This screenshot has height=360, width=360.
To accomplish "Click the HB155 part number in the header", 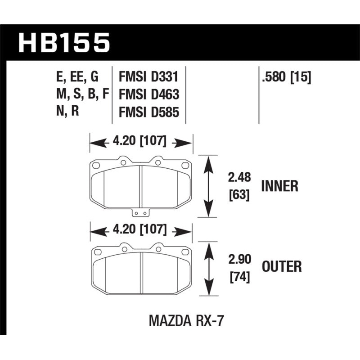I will pyautogui.click(x=63, y=43).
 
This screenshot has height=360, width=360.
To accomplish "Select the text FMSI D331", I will pyautogui.click(x=148, y=76).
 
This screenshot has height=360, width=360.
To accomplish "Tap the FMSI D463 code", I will pyautogui.click(x=148, y=94).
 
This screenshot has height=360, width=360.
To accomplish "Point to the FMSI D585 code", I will pyautogui.click(x=148, y=112).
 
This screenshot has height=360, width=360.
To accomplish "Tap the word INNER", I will pyautogui.click(x=279, y=186).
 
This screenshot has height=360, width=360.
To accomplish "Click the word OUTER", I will pyautogui.click(x=281, y=267).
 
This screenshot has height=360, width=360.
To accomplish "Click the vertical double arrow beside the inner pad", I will pyautogui.click(x=208, y=186).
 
